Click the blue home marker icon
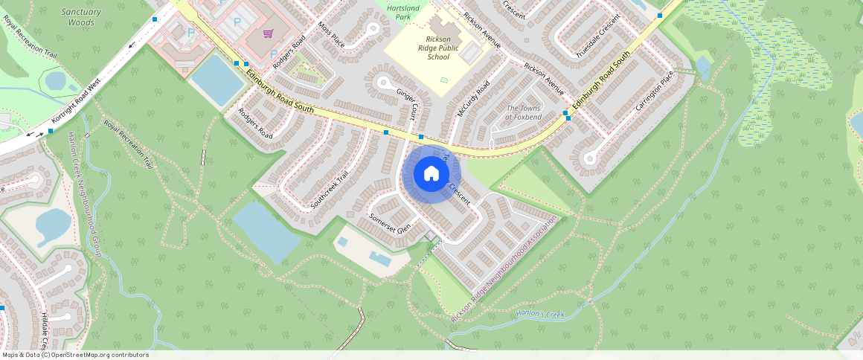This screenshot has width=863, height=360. pos(431,174)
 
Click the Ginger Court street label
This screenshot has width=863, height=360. pos(407,104)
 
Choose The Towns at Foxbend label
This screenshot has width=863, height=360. pos(524,112)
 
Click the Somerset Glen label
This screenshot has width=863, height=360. pos(390,223)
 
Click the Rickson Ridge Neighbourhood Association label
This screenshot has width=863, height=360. pos(504,269)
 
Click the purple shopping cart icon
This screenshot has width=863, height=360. pos(267,33)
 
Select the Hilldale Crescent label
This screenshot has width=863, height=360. pos(46,331)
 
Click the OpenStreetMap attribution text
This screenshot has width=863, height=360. pos(74,355)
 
